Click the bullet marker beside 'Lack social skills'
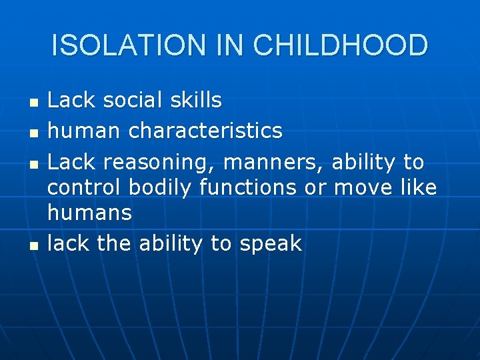click(x=34, y=103)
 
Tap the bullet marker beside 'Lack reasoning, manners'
click(x=34, y=163)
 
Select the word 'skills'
click(x=195, y=101)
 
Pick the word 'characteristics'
click(x=205, y=131)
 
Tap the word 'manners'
click(x=273, y=162)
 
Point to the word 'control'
click(x=85, y=187)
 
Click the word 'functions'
click(x=247, y=187)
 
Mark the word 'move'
click(x=364, y=188)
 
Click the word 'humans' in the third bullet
click(x=90, y=213)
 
